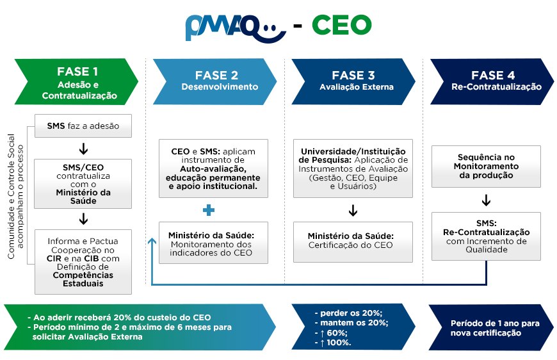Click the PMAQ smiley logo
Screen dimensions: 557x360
[x=236, y=28]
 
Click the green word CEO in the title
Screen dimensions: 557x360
[x=342, y=25]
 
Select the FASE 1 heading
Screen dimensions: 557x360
[x=77, y=72]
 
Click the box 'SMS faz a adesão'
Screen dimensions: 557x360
[x=83, y=126]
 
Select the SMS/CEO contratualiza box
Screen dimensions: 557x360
[x=83, y=184]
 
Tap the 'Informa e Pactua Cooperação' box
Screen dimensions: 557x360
[x=83, y=262]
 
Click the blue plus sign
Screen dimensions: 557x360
[x=209, y=210]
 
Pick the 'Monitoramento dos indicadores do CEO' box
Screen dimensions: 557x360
[x=213, y=243]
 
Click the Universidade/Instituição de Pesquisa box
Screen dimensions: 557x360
[x=353, y=168]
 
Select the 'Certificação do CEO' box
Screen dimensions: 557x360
[x=353, y=242]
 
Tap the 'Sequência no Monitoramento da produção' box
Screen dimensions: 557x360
[x=486, y=167]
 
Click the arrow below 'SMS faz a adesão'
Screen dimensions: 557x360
[x=83, y=149]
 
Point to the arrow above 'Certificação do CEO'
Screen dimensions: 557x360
[x=353, y=210]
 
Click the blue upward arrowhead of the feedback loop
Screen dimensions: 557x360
[x=152, y=241]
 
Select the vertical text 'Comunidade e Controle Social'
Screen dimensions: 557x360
[x=11, y=197]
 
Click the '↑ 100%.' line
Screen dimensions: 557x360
[x=333, y=343]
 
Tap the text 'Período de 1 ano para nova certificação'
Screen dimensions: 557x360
[x=495, y=328]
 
